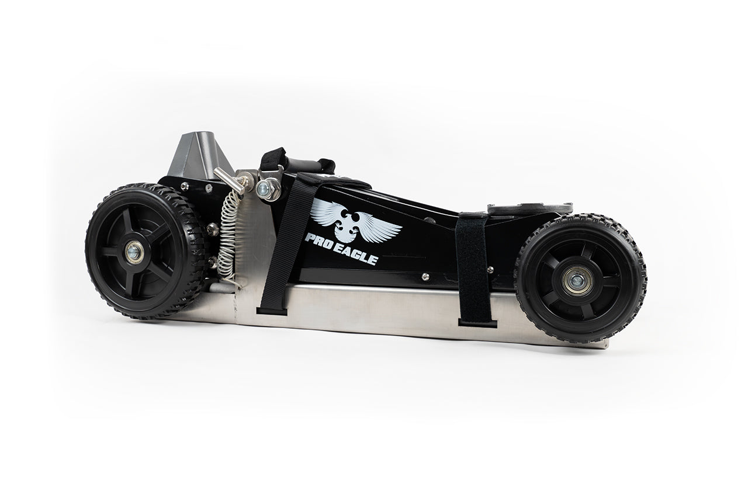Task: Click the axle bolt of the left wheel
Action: [134, 252]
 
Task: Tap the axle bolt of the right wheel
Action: [577, 281]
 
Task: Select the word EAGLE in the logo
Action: [354, 253]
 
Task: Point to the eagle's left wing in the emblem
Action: [328, 213]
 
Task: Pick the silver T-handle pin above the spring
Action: [230, 181]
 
